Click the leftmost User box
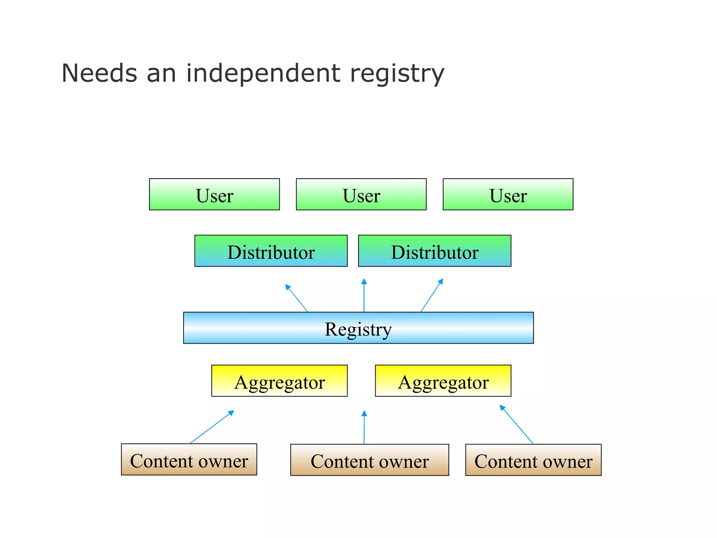click(214, 194)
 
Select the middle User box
click(361, 194)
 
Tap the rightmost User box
click(508, 194)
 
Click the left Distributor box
click(271, 251)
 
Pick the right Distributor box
click(434, 251)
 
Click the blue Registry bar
click(358, 328)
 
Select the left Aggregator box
click(279, 381)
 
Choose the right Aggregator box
click(443, 381)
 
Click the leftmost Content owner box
click(189, 460)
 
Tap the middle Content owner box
click(369, 460)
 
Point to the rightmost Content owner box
click(533, 460)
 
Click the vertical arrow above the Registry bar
click(364, 296)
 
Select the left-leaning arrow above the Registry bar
click(297, 298)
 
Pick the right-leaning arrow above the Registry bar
click(432, 296)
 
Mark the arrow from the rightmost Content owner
click(517, 425)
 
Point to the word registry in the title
click(397, 74)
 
